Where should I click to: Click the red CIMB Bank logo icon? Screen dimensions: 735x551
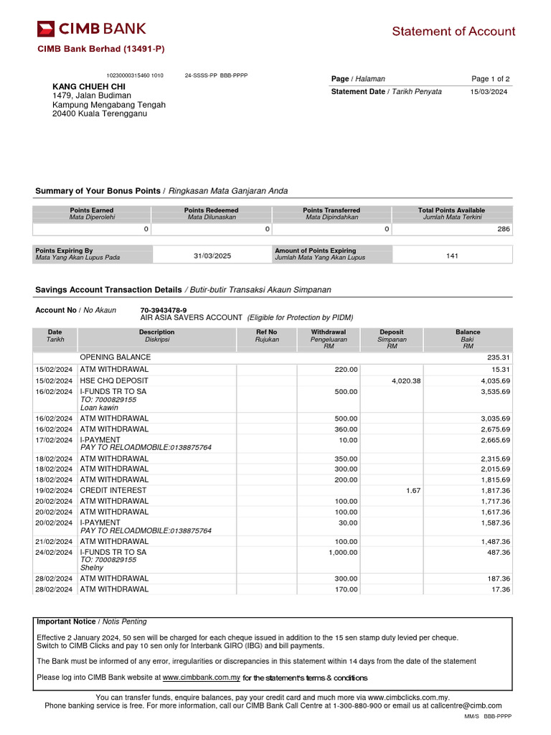click(46, 29)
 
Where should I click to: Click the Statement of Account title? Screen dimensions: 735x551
click(453, 32)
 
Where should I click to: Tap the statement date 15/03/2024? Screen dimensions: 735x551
click(489, 92)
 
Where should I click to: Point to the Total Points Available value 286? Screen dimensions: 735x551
click(503, 229)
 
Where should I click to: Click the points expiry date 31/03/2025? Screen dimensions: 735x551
click(212, 256)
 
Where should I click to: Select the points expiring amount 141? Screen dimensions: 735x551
click(452, 256)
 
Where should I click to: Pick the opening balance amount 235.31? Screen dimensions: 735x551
click(498, 357)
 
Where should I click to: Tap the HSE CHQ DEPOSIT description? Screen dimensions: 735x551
click(114, 380)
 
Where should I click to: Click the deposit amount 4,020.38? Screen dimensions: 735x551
click(406, 381)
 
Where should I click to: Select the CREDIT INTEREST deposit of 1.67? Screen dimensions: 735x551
click(413, 490)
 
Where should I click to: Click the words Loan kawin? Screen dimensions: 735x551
click(99, 407)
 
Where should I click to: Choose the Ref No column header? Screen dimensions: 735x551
click(266, 332)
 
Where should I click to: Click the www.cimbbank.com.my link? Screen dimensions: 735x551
click(201, 678)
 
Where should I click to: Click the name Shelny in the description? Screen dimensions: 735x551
click(92, 568)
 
